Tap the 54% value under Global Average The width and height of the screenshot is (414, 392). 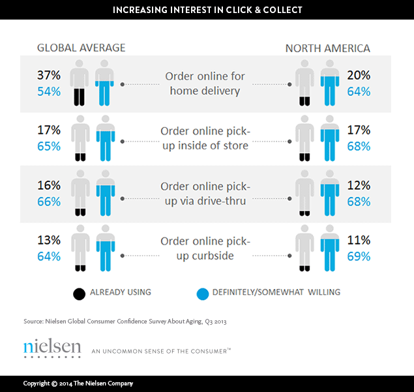[48, 91]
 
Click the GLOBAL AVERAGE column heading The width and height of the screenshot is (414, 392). [81, 48]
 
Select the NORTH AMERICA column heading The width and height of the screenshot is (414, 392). [328, 48]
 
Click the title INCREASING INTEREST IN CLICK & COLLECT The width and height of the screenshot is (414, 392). [207, 10]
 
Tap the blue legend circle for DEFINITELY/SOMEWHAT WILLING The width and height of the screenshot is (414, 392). [202, 293]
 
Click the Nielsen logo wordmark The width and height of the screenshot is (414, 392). [52, 348]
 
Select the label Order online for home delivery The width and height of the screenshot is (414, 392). [205, 83]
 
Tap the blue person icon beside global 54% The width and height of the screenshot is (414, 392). [103, 83]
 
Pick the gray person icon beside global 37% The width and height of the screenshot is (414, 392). [80, 83]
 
